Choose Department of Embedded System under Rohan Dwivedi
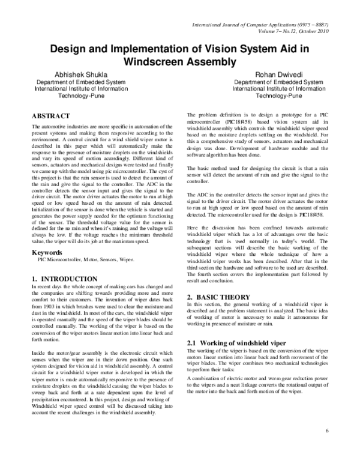click(x=272, y=82)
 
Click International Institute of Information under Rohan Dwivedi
click(x=272, y=89)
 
